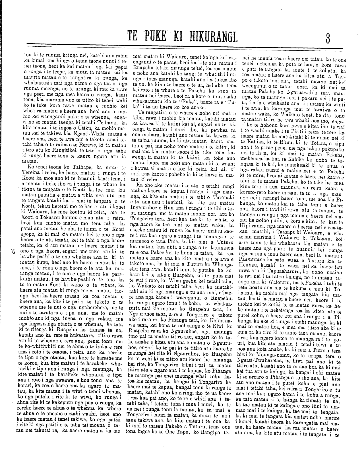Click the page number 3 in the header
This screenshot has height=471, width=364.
click(328, 38)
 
